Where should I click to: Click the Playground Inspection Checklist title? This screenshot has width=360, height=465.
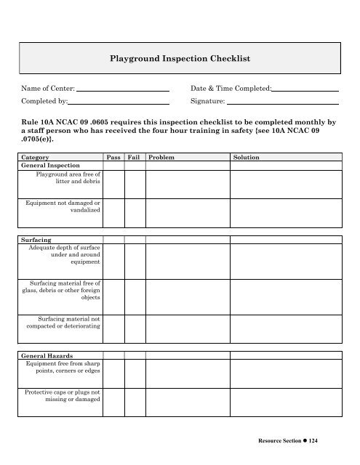click(x=180, y=56)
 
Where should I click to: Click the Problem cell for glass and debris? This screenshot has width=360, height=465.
click(x=188, y=299)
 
